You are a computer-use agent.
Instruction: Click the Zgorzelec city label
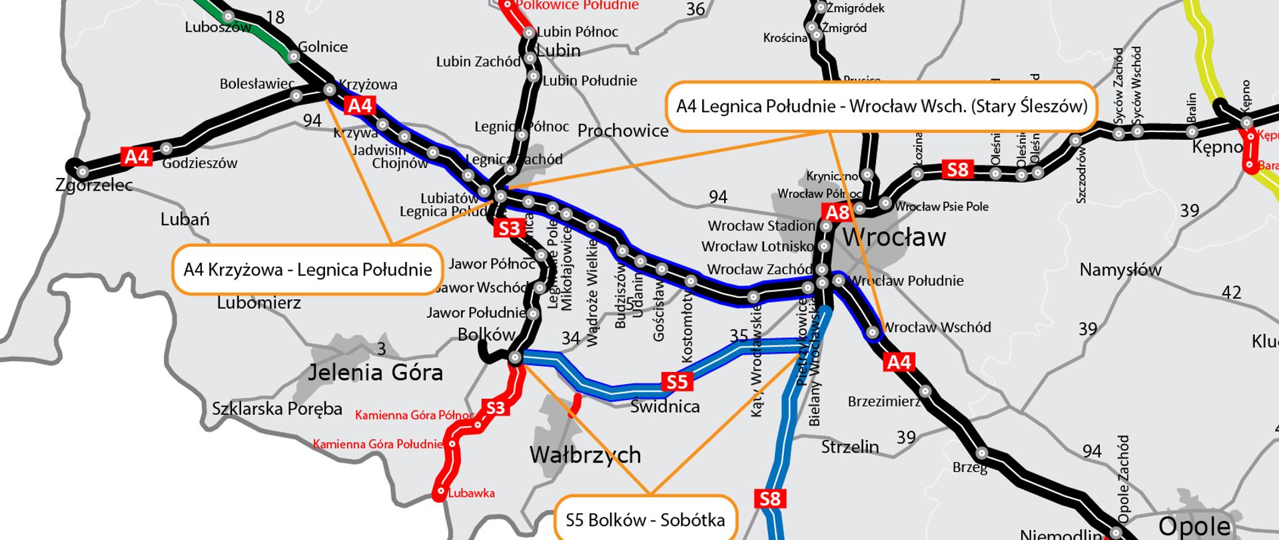[94, 185]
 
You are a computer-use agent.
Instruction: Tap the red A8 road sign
[837, 213]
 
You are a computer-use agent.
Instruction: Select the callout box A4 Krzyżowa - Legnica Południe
[308, 270]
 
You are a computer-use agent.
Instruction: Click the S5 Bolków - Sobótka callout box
[645, 519]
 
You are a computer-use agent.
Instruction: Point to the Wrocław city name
[894, 237]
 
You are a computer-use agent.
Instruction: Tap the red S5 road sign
[677, 382]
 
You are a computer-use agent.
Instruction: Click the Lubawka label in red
[471, 493]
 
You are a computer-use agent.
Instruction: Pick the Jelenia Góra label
[375, 373]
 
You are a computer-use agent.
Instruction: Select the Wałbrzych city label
[585, 455]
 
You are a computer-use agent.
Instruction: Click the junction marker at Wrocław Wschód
[873, 332]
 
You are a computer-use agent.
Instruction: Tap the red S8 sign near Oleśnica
[957, 169]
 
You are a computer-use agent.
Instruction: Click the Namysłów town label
[1120, 270]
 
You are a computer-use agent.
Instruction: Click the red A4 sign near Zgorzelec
[137, 157]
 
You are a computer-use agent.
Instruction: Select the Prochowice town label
[623, 131]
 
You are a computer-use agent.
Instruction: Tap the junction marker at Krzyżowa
[330, 89]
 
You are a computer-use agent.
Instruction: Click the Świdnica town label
[665, 407]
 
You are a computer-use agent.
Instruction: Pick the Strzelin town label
[850, 447]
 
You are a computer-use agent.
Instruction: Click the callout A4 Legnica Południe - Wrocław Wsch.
[881, 106]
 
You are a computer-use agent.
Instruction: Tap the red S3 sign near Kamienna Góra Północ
[496, 408]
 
